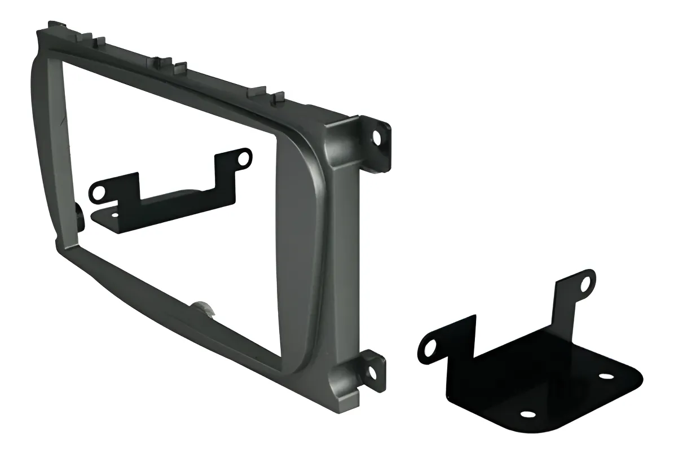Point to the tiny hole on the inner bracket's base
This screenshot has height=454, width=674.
115,215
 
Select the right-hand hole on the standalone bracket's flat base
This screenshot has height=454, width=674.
606,376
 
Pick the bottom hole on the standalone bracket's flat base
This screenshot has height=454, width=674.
528,415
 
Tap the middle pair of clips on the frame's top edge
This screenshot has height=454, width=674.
169,65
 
